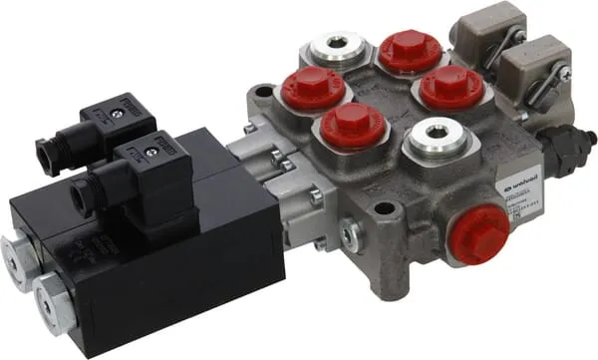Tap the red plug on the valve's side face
point(480,236)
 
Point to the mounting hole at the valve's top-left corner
point(263,93)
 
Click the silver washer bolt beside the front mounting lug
point(349,234)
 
